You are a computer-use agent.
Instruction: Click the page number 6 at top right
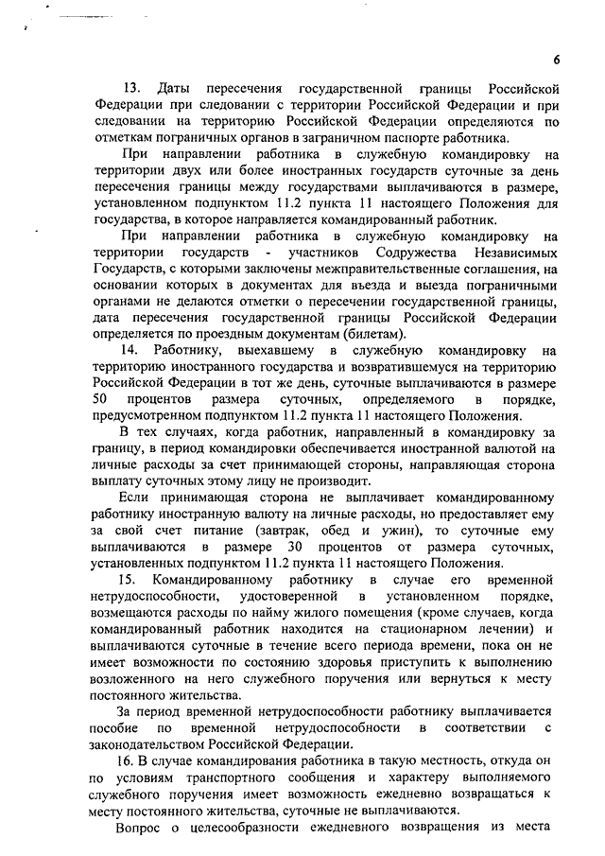(x=557, y=59)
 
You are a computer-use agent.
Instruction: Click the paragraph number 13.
(x=134, y=88)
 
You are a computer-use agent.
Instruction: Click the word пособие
(x=116, y=727)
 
